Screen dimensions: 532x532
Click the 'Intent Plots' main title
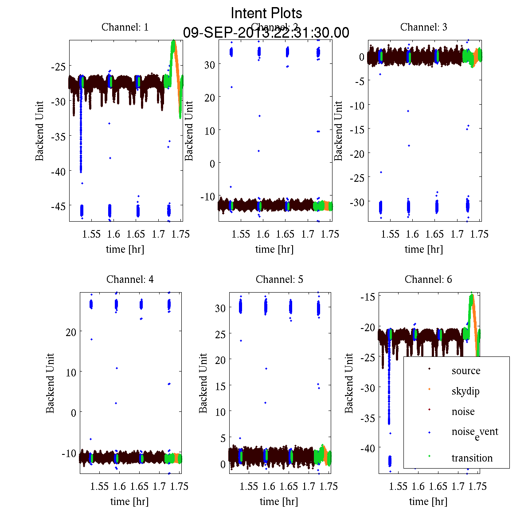[266, 13]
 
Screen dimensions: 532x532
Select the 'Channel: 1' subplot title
[125, 27]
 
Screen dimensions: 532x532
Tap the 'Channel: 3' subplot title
[424, 27]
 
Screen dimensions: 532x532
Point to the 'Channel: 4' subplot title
[130, 279]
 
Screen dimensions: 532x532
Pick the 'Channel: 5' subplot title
[279, 279]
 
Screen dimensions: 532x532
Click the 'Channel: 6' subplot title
[428, 279]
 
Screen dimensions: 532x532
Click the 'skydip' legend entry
[465, 391]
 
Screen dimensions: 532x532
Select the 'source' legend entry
[466, 371]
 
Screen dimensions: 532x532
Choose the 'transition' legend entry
[472, 458]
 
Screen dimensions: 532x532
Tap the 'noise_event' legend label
[475, 432]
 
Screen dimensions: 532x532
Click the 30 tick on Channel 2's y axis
[210, 64]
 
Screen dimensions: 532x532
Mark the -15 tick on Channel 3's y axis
[357, 129]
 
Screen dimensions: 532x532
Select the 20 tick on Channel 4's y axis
[70, 332]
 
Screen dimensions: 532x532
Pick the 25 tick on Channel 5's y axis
[220, 334]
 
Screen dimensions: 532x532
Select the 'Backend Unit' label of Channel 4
[50, 383]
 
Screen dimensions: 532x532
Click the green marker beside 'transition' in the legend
[429, 456]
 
